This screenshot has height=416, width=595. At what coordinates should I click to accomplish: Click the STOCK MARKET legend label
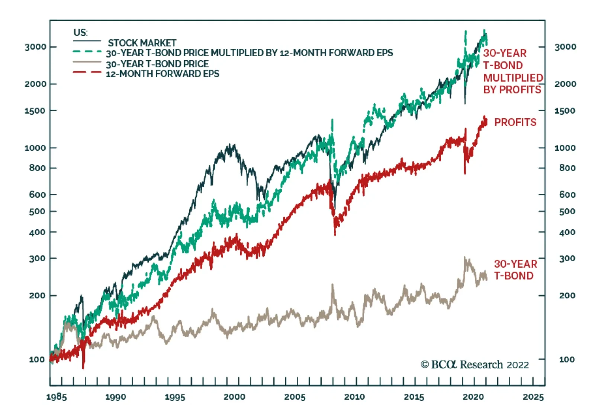point(142,43)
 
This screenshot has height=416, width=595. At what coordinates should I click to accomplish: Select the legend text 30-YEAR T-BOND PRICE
point(157,64)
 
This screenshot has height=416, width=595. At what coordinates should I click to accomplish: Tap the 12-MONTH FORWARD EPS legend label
point(163,74)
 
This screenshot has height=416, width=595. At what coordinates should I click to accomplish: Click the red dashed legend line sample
point(87,72)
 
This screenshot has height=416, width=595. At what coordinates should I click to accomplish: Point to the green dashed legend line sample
point(87,52)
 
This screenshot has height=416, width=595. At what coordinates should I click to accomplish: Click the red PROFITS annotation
point(515,122)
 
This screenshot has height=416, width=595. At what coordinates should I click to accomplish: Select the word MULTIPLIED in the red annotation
point(513,78)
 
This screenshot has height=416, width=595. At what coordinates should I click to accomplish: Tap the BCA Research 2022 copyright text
point(475,365)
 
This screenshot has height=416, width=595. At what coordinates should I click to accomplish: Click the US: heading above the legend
point(81,32)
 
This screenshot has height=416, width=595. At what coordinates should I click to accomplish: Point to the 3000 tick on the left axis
point(36,47)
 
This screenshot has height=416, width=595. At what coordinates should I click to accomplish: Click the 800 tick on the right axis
point(567,168)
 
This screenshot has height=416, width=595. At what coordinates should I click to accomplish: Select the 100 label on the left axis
point(37,359)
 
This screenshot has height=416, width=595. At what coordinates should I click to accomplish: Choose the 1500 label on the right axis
point(565,111)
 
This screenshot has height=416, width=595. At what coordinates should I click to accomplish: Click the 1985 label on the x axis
point(57,397)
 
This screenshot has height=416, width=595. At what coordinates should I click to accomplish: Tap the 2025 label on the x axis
point(533,397)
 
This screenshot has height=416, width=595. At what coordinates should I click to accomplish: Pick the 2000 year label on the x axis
point(234,397)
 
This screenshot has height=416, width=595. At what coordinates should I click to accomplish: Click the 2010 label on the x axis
point(354,397)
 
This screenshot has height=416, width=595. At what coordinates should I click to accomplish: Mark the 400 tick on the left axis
point(37,232)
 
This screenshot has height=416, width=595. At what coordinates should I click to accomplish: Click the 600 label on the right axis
point(567,195)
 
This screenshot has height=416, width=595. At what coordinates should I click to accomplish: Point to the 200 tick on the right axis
point(567,295)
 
